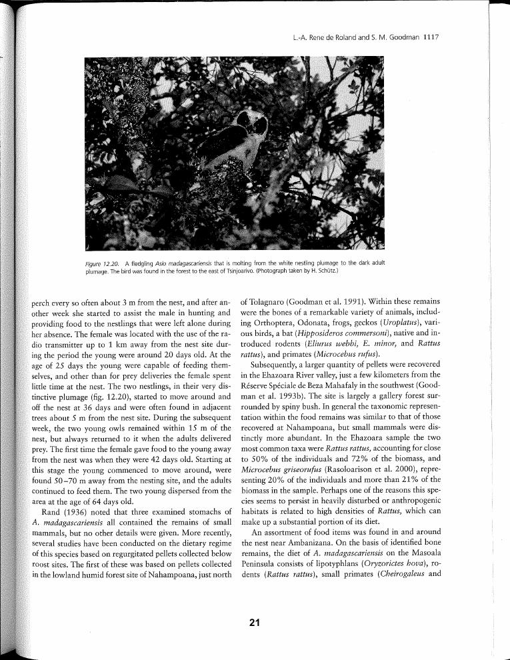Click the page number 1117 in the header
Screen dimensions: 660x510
(x=430, y=38)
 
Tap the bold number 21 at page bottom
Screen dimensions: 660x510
(x=254, y=623)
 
